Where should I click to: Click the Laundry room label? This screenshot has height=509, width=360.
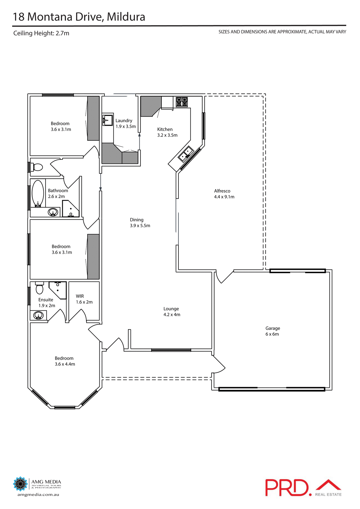coord(124,121)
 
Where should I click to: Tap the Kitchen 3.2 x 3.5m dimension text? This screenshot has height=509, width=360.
coord(167,135)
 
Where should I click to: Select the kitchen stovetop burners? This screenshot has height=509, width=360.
coord(182,102)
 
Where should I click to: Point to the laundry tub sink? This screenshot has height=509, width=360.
coord(107,120)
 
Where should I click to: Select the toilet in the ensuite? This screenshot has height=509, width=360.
coord(39,288)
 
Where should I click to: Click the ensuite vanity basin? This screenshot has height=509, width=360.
coord(38,315)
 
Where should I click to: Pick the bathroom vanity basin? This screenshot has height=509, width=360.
coord(53,212)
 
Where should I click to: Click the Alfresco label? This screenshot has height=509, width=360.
coord(222,191)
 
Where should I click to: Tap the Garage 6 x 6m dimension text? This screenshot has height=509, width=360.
coord(272,334)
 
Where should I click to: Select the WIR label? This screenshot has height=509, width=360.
coord(80,296)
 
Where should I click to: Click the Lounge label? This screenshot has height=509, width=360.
coord(171,309)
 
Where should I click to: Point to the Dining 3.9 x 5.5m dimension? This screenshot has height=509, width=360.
coord(140,226)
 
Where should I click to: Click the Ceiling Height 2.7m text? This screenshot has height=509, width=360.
coord(41,33)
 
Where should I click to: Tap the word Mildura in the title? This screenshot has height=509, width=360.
coord(126,17)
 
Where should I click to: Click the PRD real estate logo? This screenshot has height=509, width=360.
coord(303,488)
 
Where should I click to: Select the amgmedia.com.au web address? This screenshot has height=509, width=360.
coord(38,495)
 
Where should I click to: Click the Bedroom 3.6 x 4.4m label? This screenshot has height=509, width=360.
coord(64,358)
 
